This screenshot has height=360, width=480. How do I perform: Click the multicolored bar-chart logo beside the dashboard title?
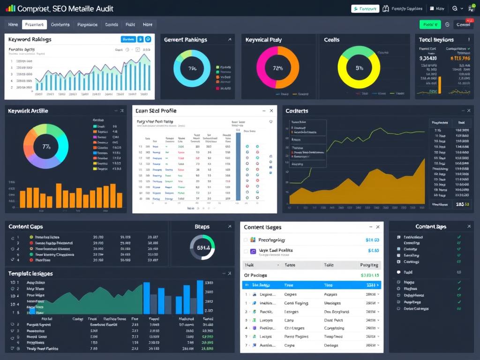click(x=10, y=8)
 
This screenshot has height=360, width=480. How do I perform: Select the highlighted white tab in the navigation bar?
click(x=34, y=25)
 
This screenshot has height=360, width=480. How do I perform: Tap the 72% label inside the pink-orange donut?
click(x=277, y=68)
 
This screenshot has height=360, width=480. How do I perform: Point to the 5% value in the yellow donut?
click(x=359, y=68)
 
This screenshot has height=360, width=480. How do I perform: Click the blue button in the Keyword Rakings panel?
click(x=128, y=39)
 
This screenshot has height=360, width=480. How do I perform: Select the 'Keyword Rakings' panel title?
click(x=30, y=40)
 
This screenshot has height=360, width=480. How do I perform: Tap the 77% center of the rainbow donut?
click(x=46, y=147)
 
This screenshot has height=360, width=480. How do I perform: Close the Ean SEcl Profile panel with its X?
click(x=271, y=111)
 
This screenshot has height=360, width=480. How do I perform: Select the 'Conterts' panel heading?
click(x=297, y=111)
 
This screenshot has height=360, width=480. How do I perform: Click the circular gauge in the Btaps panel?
click(x=202, y=247)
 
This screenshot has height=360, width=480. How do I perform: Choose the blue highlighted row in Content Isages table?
click(x=311, y=285)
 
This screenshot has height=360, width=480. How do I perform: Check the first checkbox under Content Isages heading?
click(x=246, y=240)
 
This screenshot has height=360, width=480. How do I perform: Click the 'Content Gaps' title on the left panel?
click(x=26, y=227)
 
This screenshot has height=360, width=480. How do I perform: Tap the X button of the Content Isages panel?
click(x=377, y=227)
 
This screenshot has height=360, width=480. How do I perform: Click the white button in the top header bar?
click(x=365, y=8)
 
